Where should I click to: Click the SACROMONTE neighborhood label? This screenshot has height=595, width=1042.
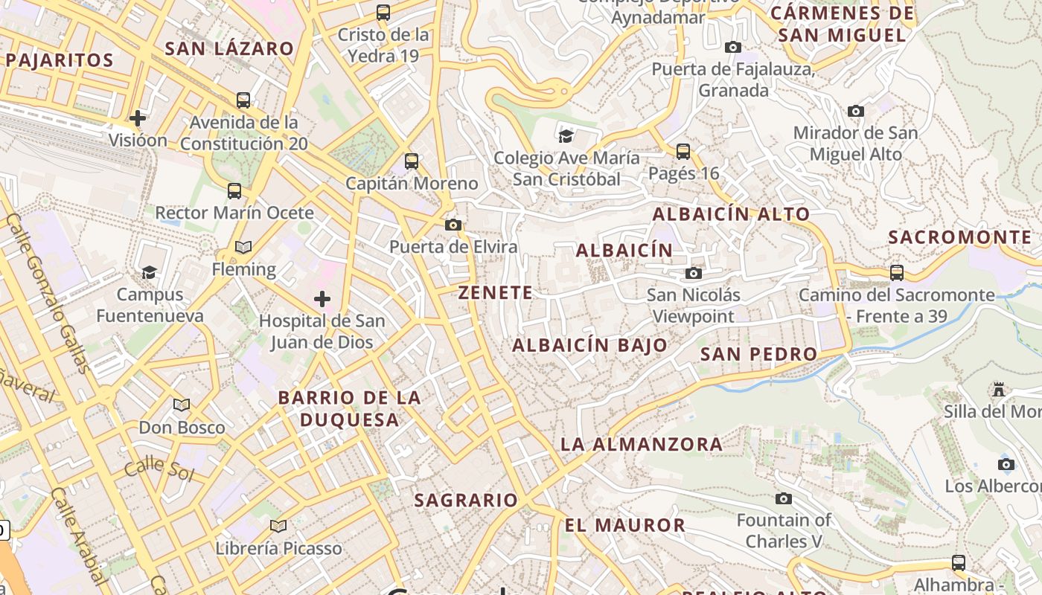pos(960,237)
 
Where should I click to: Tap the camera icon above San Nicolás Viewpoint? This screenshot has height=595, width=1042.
pos(694,273)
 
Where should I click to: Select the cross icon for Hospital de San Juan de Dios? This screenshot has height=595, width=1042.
pos(322,299)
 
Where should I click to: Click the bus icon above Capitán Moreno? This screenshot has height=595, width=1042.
pos(411,161)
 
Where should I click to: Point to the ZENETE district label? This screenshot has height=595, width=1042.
pos(496,293)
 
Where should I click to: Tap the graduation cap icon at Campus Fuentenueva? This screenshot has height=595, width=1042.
pos(150,272)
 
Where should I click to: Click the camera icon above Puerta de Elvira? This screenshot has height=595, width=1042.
pos(453,225)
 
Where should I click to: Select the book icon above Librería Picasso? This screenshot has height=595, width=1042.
pos(278,526)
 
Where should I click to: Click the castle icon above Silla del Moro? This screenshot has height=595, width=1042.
pos(999,389)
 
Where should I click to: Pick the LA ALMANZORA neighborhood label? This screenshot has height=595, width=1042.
pos(641,445)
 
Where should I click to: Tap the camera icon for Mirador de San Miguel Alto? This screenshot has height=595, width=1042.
pos(856,111)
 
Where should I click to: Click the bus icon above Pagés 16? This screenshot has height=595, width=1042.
pos(683,152)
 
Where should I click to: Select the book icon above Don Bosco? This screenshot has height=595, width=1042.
pos(182,405)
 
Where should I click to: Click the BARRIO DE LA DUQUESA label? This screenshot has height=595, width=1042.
pos(349,408)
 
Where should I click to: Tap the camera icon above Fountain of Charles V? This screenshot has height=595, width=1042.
pos(784,498)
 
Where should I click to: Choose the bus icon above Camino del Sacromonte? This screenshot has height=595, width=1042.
pos(897,272)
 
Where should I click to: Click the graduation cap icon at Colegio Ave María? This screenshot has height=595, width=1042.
pos(566,135)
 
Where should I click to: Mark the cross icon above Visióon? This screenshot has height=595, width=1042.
pos(138,118)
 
